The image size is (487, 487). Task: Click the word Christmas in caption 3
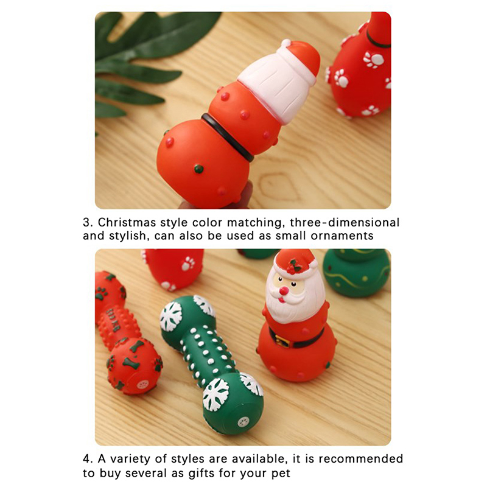(127, 222)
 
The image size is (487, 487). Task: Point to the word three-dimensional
(345, 222)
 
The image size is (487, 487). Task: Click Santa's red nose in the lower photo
(284, 291)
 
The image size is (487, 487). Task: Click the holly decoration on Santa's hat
(293, 267)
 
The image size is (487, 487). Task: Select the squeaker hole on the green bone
(243, 422)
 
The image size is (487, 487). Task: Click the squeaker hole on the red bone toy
(142, 385)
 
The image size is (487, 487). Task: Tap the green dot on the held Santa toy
(199, 169)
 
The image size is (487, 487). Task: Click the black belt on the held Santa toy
(227, 136)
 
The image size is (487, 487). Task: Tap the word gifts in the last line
(202, 474)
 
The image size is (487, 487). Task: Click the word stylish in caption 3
(128, 236)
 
